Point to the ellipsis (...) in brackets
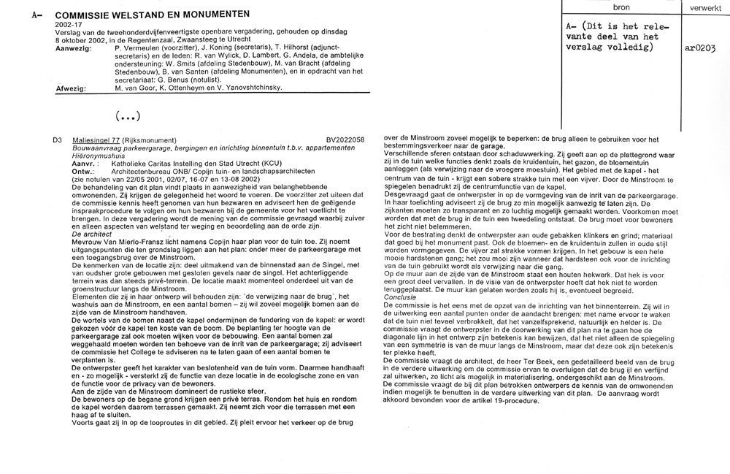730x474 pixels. tap(127, 117)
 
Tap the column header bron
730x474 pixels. tap(621, 7)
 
